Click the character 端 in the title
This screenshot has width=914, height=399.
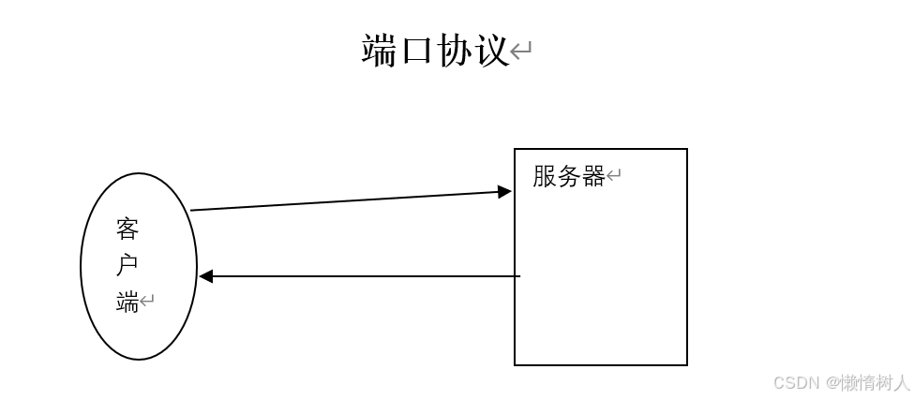click(380, 51)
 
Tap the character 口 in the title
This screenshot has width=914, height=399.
click(417, 51)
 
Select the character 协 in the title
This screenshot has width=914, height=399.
click(455, 51)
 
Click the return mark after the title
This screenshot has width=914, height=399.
click(521, 51)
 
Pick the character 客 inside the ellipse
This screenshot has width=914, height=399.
click(127, 229)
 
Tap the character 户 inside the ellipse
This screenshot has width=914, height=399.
click(127, 265)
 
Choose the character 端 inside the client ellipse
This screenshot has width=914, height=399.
click(127, 302)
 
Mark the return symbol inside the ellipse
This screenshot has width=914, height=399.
click(147, 302)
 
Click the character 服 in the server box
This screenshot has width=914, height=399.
click(545, 176)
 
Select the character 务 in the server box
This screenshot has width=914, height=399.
click(569, 176)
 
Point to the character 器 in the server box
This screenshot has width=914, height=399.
click(593, 176)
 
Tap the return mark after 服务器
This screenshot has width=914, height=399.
click(614, 176)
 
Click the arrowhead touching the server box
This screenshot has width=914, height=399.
click(504, 192)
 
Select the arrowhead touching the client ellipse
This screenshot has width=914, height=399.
click(206, 276)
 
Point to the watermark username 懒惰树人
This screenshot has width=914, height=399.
click(875, 383)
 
